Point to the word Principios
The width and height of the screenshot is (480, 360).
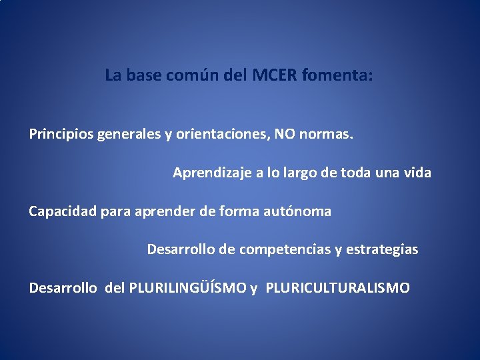pyautogui.click(x=61, y=135)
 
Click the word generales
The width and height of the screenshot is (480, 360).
pyautogui.click(x=129, y=135)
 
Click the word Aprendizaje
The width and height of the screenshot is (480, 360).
pyautogui.click(x=210, y=173)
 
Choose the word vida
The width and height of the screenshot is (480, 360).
pyautogui.click(x=417, y=173)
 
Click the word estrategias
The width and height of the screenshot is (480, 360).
pyautogui.click(x=382, y=250)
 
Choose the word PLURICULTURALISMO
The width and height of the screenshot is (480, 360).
pyautogui.click(x=338, y=289)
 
